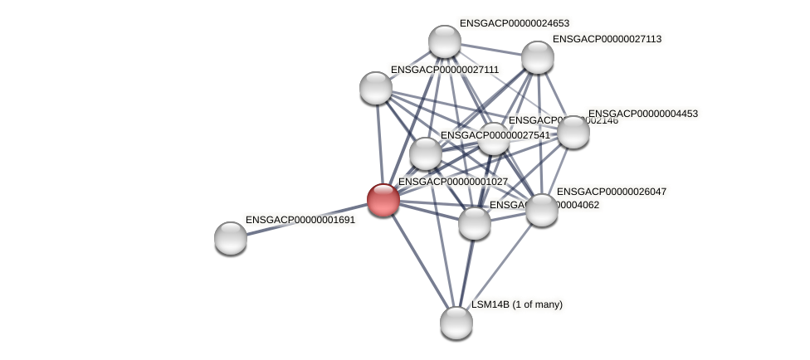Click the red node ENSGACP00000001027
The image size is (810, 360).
click(x=383, y=200)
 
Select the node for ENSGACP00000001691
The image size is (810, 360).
click(x=231, y=238)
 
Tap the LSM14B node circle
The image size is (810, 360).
click(x=456, y=323)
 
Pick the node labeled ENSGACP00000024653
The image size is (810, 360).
click(x=445, y=41)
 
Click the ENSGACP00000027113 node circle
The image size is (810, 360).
click(x=537, y=57)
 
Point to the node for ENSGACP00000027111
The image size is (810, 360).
click(x=376, y=88)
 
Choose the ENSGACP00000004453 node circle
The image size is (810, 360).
click(x=573, y=132)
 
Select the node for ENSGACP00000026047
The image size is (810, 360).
click(x=541, y=210)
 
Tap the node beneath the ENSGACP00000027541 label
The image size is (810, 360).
click(x=426, y=153)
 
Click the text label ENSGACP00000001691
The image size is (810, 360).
click(x=300, y=220)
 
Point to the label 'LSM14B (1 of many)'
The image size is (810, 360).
click(x=517, y=304)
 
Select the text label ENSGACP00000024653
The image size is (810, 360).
click(x=515, y=23)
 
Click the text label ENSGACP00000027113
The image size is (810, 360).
click(x=607, y=39)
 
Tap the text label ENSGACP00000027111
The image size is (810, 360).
click(x=445, y=70)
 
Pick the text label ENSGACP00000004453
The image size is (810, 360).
click(x=643, y=114)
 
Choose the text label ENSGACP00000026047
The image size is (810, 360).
click(x=612, y=192)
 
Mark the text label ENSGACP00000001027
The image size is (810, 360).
click(x=453, y=181)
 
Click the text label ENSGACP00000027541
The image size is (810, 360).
click(x=495, y=135)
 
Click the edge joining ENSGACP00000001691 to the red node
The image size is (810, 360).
click(x=307, y=219)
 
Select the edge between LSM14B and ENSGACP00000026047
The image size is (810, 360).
click(x=498, y=266)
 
